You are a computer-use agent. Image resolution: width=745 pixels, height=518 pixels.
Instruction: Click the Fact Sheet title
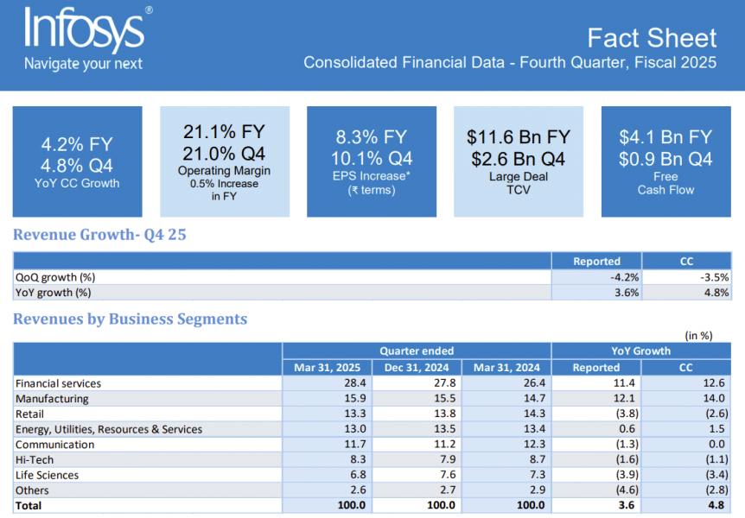pos(652,38)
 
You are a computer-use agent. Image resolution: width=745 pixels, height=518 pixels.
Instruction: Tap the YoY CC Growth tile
pos(77,161)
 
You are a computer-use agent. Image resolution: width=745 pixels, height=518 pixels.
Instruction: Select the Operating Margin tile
pos(224,161)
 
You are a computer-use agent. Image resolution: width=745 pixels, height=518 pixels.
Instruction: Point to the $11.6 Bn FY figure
pos(519,137)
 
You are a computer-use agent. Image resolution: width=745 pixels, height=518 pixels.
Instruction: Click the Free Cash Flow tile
pos(665,161)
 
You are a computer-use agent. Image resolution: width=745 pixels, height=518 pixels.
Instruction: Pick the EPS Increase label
pos(371,176)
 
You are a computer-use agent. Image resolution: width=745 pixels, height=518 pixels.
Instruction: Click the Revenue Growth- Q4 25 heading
pos(99,235)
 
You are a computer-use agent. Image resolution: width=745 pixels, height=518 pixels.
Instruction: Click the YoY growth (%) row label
pos(54,293)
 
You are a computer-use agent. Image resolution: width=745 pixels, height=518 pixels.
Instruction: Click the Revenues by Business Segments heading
pos(130,319)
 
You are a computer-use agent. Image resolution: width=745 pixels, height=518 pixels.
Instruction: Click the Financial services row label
pos(58,383)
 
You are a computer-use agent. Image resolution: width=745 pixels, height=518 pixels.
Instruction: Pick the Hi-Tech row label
pos(35,460)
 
